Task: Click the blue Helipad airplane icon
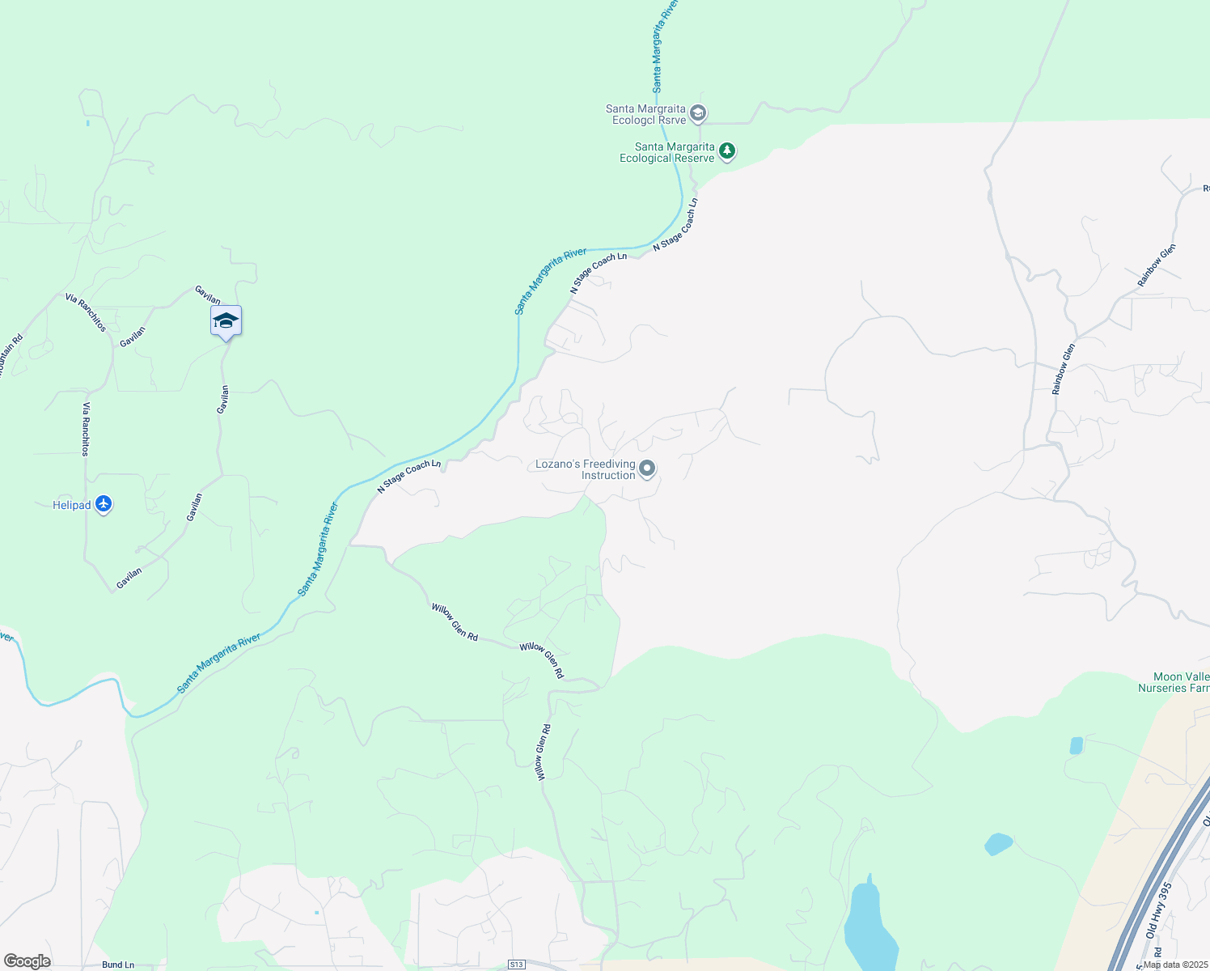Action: point(103,504)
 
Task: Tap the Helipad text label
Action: point(71,506)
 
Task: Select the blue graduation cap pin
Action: point(226,321)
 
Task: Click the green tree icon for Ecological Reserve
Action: point(727,151)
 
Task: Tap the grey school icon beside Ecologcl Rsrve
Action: point(699,113)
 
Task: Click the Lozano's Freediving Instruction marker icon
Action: point(647,469)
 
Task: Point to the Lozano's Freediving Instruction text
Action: point(586,469)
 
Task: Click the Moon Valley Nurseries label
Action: point(1174,682)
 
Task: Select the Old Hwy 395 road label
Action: point(1158,910)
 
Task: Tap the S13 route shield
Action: point(517,965)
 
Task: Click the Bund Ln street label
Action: point(118,965)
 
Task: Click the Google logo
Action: point(27,961)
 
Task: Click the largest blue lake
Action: point(868,926)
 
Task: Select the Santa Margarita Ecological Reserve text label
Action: point(667,152)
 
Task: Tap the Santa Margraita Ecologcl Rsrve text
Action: point(645,114)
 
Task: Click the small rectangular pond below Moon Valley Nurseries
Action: point(1076,745)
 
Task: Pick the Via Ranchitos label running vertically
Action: point(85,429)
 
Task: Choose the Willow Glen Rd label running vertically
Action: point(543,752)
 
